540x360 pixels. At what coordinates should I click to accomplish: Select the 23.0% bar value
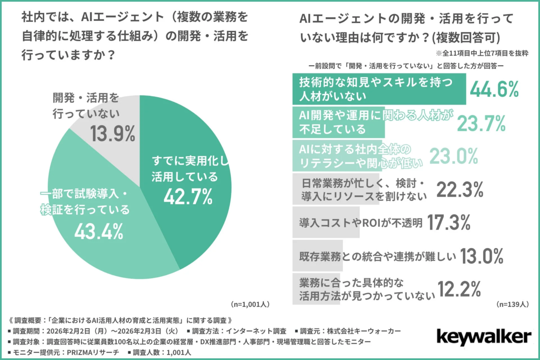453,156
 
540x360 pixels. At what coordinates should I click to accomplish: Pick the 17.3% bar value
448,222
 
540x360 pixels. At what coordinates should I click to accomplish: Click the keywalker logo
483,337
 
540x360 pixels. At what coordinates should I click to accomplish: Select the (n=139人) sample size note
512,304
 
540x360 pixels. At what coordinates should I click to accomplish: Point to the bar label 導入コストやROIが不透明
360,222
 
